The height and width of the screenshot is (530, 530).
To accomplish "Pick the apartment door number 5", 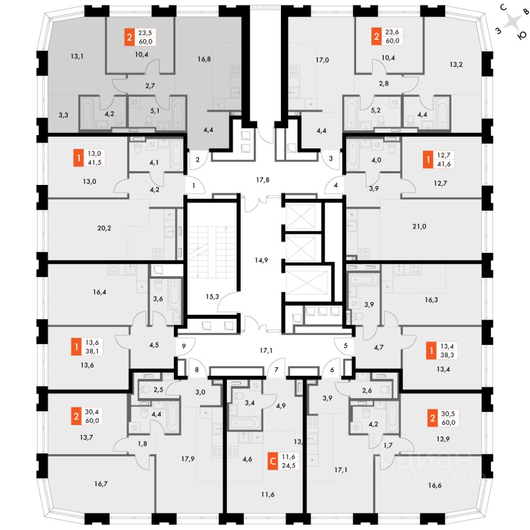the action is [346, 347].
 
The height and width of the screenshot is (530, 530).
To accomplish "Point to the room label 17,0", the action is [322, 60].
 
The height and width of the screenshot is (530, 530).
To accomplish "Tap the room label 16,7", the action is [100, 484].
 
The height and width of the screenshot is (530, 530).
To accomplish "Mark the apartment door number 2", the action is [198, 159].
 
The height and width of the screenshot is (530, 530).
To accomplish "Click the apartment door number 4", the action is [335, 185].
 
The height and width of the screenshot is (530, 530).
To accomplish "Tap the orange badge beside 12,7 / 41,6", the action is [427, 161].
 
